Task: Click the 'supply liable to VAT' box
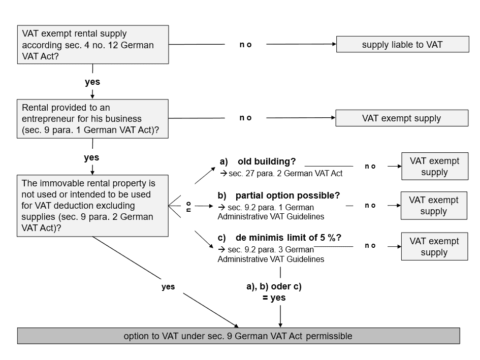tap(402, 44)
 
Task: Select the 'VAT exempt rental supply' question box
tap(92, 45)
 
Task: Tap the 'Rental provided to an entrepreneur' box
tap(92, 118)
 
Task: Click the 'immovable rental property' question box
tap(92, 206)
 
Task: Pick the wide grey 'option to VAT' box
tap(238, 336)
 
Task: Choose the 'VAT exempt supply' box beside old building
tap(434, 167)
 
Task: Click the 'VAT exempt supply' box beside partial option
tap(434, 206)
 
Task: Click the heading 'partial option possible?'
tap(287, 195)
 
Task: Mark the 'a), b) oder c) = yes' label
tap(274, 292)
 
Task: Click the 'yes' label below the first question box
tap(92, 82)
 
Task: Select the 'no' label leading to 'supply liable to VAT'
tap(245, 45)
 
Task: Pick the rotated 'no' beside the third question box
tap(188, 206)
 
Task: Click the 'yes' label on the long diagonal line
tap(168, 286)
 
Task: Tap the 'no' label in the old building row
tap(370, 167)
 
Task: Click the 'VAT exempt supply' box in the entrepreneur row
tap(401, 118)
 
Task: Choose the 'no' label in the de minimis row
tap(370, 246)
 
